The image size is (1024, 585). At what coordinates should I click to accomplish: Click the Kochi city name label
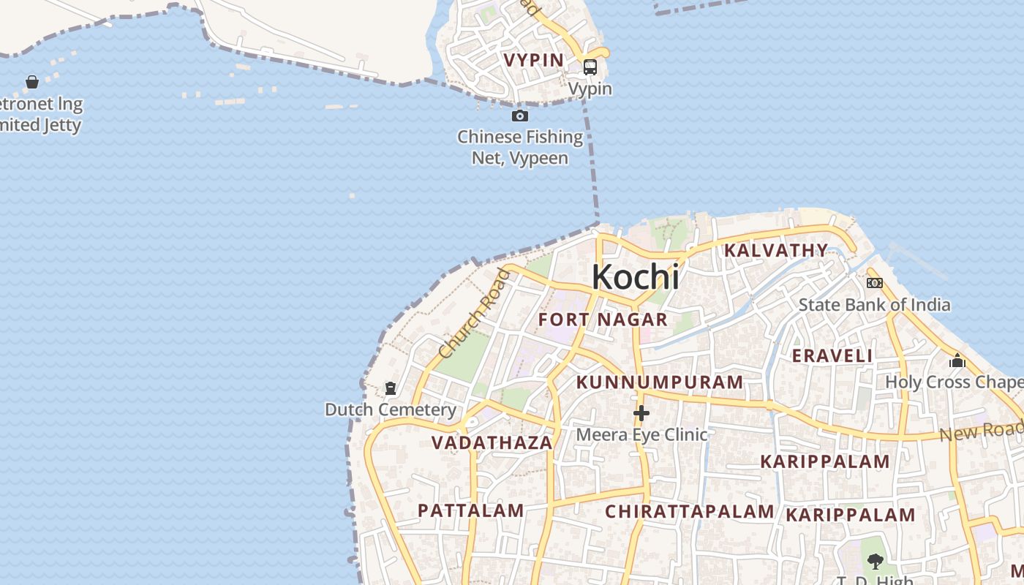pos(635,277)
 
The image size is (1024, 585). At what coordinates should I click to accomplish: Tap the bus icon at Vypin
pos(590,67)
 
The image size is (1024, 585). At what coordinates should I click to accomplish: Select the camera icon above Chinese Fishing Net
pos(519,116)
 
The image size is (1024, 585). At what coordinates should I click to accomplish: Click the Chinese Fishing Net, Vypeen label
pos(520,147)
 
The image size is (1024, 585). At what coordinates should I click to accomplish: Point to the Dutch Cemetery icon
pos(391,388)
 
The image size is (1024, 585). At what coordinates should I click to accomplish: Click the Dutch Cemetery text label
pos(391,409)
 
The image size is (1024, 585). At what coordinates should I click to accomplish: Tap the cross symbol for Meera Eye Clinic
pos(641,414)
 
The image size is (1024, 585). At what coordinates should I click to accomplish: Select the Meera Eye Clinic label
pos(641,435)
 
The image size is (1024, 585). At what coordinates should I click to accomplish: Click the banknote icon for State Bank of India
pos(874,283)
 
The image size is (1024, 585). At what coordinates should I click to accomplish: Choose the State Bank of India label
pos(874,305)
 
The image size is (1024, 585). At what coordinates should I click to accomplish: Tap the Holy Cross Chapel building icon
pos(957,361)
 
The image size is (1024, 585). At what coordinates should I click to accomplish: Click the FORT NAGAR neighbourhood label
pos(603,320)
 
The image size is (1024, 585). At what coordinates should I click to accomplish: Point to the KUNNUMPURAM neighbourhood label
pos(660,382)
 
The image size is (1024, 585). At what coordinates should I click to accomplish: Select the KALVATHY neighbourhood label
pos(775,251)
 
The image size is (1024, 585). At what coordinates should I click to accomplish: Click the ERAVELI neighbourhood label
pos(832,356)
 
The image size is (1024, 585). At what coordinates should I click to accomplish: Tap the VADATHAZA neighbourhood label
pos(492,443)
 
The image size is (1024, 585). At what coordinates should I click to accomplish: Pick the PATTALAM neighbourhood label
pos(470,510)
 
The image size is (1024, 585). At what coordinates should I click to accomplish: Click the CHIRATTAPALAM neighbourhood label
pos(689,511)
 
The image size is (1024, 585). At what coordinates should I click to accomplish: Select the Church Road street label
pos(474,313)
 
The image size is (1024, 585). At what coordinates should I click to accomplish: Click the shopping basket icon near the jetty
pos(32,82)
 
